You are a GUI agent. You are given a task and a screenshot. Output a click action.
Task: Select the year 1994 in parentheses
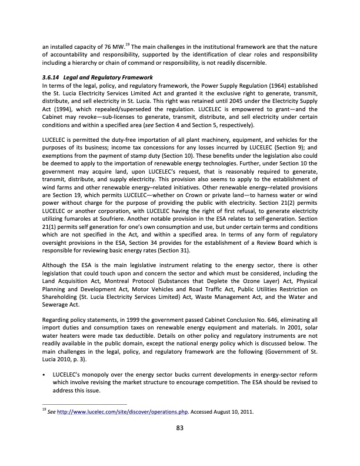68,109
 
